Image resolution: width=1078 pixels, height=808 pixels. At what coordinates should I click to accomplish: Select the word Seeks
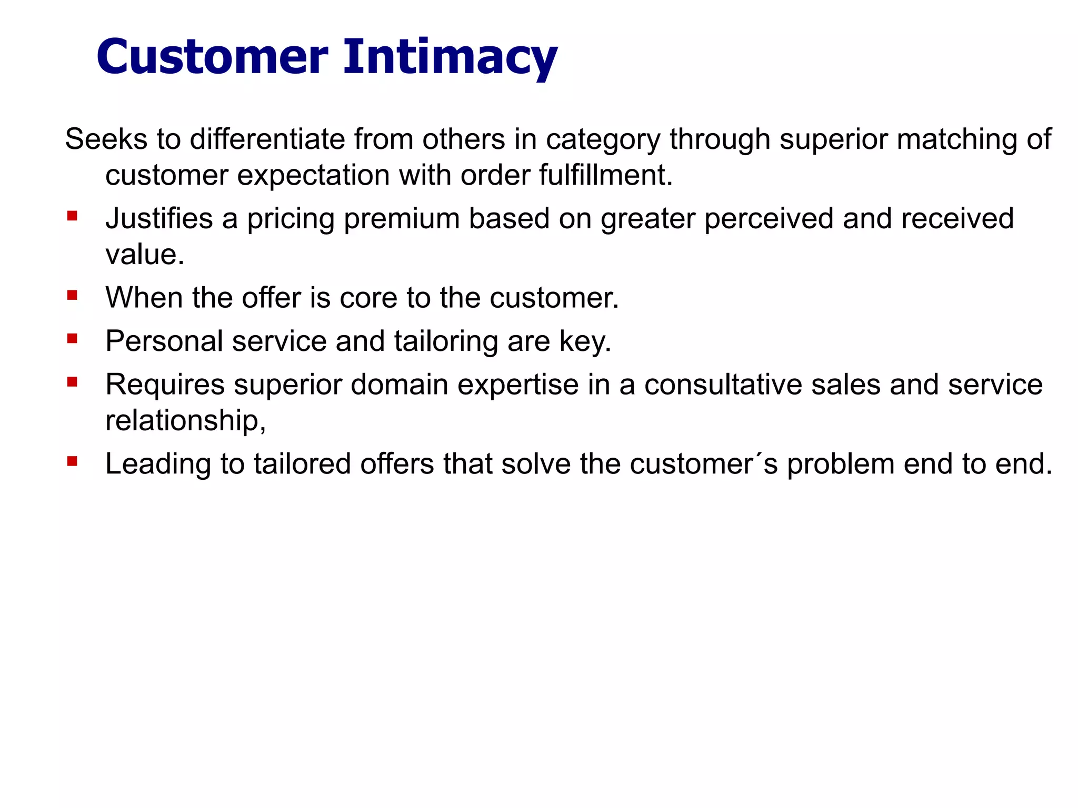pyautogui.click(x=106, y=139)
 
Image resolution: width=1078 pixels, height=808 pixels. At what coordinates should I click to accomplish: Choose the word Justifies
pyautogui.click(x=159, y=219)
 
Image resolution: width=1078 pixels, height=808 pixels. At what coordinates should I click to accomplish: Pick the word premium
pyautogui.click(x=402, y=219)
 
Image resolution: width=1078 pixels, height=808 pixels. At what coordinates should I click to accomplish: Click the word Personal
pyautogui.click(x=164, y=341)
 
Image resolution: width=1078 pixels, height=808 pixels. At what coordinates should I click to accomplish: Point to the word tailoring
pyautogui.click(x=446, y=342)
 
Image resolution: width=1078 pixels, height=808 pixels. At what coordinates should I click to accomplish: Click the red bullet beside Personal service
pyautogui.click(x=72, y=338)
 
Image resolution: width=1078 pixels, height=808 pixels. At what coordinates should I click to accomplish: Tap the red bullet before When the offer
pyautogui.click(x=72, y=295)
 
